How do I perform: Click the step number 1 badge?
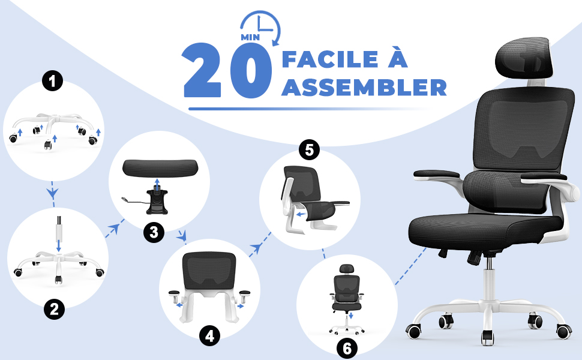point(52,81)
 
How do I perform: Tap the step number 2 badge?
point(54,309)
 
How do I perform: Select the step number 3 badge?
point(154,233)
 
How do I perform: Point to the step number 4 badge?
point(210,336)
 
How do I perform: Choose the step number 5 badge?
point(309,150)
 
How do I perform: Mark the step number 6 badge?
point(347,348)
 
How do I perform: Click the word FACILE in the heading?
point(329,59)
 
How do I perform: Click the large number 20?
point(228,71)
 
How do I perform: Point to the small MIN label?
point(250,37)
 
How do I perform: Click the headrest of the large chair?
point(523,59)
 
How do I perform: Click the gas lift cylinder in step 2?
point(59,227)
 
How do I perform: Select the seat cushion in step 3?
point(160,167)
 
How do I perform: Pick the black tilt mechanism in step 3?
point(157,202)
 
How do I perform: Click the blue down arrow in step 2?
point(58,246)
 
